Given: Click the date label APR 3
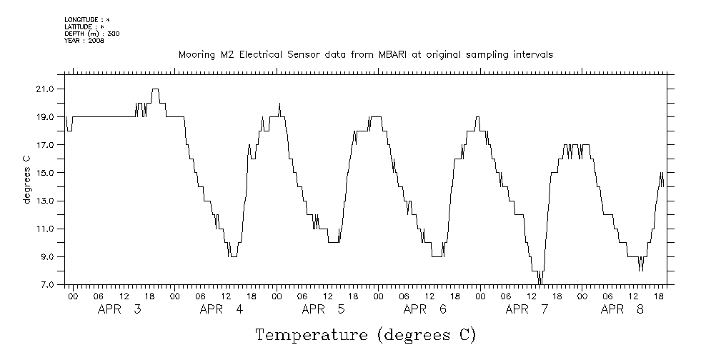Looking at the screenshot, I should click(119, 309).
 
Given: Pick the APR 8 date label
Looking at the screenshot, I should click(622, 309).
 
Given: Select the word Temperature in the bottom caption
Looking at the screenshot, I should click(312, 334).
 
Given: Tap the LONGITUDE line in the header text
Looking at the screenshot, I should click(87, 19).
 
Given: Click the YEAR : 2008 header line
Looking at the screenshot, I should click(84, 40).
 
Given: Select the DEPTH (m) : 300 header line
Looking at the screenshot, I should click(91, 33).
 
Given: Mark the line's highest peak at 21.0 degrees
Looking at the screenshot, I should click(155, 89).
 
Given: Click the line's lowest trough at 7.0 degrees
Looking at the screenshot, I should click(540, 284).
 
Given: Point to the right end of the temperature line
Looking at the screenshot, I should click(663, 184).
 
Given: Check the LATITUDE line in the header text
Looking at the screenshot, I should click(85, 26).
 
